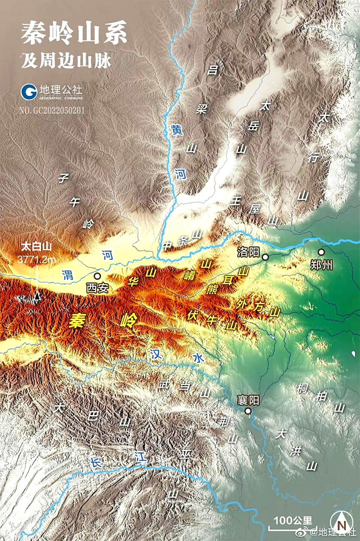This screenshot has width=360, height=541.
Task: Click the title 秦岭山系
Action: (74, 34)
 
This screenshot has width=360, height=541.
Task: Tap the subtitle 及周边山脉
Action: (66, 61)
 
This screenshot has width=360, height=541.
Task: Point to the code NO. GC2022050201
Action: (52, 111)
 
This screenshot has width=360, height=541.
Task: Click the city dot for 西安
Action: (97, 276)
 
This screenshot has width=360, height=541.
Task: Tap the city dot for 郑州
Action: (321, 252)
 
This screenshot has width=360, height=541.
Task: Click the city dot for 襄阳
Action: (248, 410)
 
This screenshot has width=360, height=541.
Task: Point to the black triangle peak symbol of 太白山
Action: (37, 296)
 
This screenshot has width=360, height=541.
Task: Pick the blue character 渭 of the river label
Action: (67, 274)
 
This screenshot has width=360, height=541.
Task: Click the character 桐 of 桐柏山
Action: (302, 388)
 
